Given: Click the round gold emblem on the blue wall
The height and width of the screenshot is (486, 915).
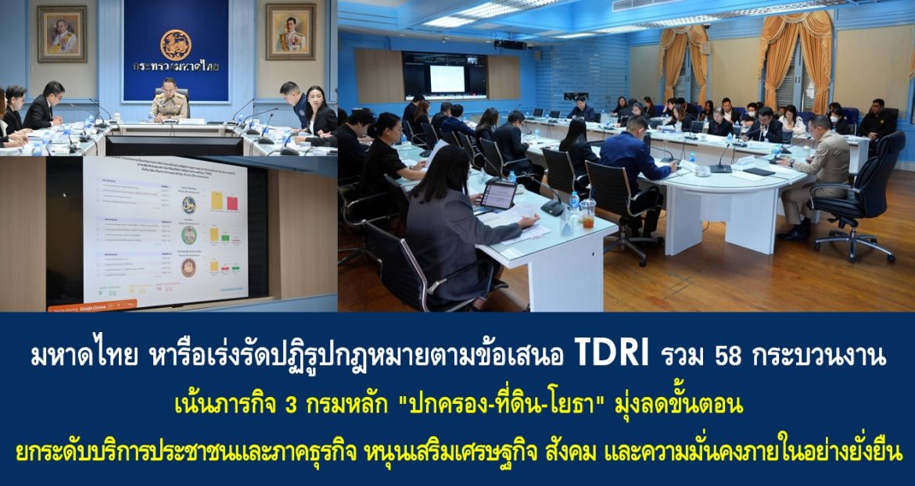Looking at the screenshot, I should click(175, 45).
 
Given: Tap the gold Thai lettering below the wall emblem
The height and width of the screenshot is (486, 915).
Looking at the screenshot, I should click(175, 67).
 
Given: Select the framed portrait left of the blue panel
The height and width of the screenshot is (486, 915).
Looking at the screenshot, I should click(63, 34).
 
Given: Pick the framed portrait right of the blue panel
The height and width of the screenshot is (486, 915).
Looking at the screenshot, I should click(290, 31).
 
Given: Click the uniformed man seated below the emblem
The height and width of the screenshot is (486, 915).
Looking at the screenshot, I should click(170, 101).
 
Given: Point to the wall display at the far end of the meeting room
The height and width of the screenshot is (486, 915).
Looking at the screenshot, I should click(444, 76).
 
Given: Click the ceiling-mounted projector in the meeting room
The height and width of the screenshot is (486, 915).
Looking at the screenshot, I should click(510, 44).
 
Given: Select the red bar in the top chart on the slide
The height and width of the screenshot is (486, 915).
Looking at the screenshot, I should click(231, 202).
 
